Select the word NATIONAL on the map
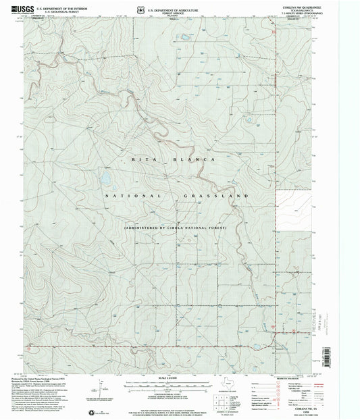(132, 195)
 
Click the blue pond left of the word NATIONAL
(105, 180)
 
